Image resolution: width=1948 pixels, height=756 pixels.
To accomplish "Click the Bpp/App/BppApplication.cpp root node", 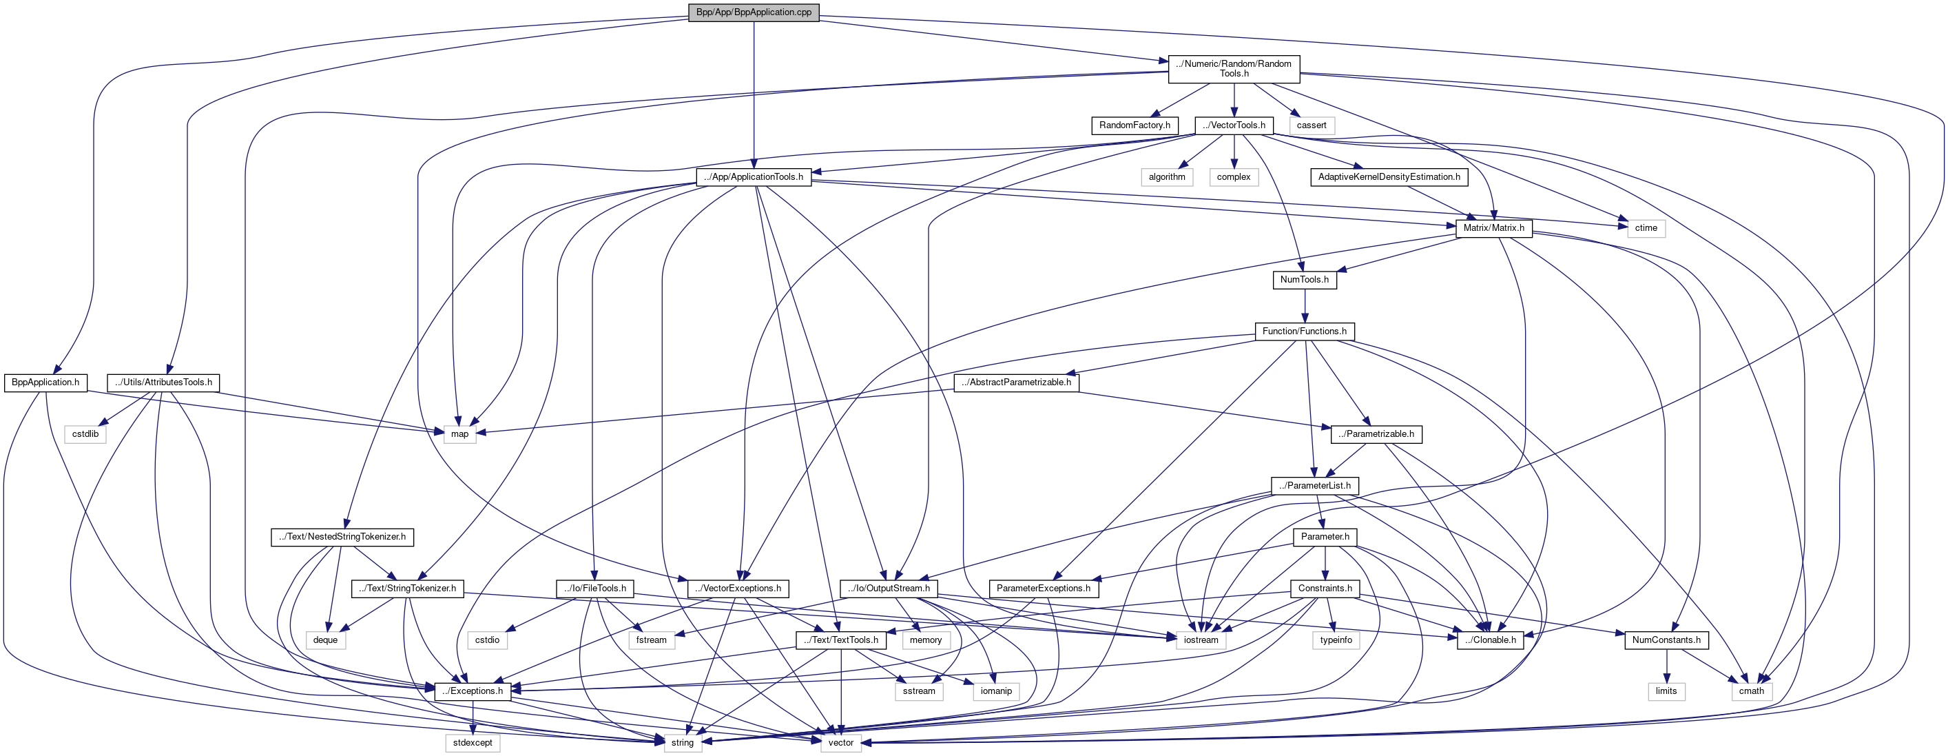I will tap(753, 12).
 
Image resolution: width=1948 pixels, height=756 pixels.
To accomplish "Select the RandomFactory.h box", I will tap(1134, 125).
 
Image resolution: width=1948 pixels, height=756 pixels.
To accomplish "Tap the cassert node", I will tap(1311, 125).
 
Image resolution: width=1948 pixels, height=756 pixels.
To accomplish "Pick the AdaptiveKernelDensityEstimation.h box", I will tap(1389, 177).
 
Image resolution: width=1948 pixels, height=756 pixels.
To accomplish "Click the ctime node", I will tap(1646, 228).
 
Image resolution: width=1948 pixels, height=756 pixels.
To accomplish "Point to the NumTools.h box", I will tap(1304, 280).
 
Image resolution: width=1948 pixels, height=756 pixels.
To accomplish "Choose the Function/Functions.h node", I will tap(1304, 331).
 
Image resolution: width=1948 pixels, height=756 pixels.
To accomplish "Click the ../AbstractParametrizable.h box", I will tap(1015, 383).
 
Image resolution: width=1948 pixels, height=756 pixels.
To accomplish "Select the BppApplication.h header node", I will tap(45, 383).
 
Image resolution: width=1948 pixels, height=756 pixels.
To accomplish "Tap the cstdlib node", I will tap(85, 434).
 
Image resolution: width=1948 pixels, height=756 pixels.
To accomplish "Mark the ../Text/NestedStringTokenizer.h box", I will tap(342, 538).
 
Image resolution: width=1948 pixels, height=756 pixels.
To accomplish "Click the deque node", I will tap(325, 640).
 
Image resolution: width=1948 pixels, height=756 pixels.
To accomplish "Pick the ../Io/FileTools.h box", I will tap(594, 589).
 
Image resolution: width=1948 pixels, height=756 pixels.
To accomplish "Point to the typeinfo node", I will tap(1336, 640).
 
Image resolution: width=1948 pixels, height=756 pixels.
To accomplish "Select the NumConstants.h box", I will tap(1666, 640).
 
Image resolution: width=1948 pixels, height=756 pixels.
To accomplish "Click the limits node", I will tap(1666, 692).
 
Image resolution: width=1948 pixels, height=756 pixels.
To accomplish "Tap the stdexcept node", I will tap(473, 743).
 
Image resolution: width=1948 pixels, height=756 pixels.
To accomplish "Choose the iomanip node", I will tap(996, 692).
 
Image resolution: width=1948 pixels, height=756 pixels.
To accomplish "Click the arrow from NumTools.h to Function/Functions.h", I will tap(1305, 306).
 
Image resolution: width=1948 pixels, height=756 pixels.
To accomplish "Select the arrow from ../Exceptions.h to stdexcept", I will tap(473, 717).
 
